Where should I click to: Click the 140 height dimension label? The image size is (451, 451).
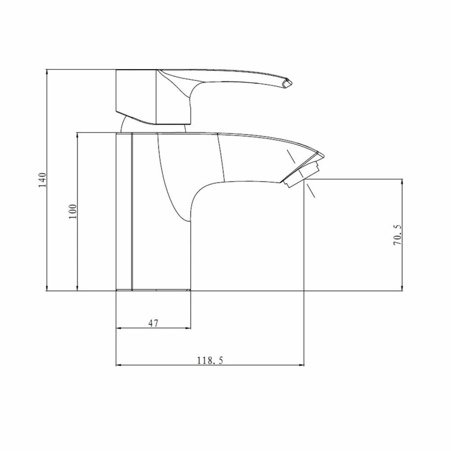tap(43, 180)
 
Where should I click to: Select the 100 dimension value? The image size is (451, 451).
tap(73, 211)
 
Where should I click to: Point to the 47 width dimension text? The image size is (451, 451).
tap(153, 324)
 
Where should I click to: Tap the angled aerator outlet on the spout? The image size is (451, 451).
tap(302, 172)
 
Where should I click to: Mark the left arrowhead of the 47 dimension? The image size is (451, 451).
tap(119, 329)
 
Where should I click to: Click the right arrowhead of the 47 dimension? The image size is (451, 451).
tap(188, 329)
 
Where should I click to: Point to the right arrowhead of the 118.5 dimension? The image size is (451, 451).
tap(302, 366)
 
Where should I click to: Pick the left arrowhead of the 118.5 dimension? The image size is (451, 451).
tap(119, 366)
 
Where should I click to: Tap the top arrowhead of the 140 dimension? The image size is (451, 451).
tap(47, 72)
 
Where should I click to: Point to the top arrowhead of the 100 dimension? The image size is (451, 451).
tap(77, 135)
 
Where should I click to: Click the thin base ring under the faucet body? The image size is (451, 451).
tap(153, 290)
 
